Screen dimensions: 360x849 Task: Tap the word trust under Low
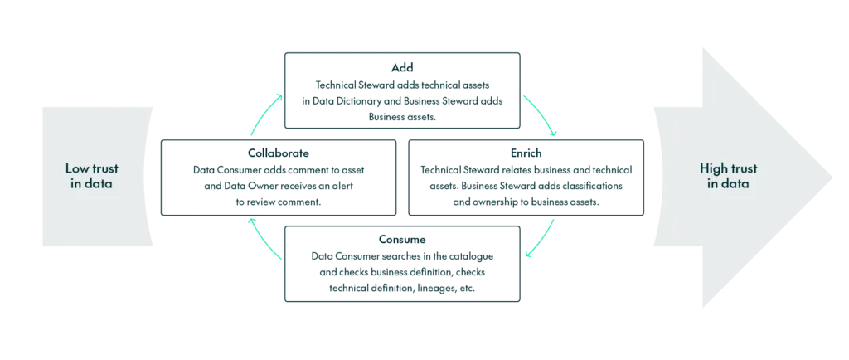click(102, 168)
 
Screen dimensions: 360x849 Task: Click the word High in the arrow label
click(714, 168)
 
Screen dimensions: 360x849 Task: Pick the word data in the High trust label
click(735, 183)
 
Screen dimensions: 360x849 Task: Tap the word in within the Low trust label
click(76, 183)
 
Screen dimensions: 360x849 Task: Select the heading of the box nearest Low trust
click(278, 153)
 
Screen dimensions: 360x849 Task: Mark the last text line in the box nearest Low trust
click(278, 200)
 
